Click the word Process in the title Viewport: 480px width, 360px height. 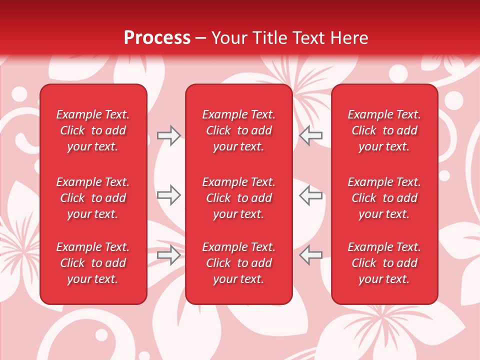157,38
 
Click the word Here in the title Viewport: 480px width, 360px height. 349,38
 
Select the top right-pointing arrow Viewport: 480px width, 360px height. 168,135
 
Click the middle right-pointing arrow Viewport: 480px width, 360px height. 168,195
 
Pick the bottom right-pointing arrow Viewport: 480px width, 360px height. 168,255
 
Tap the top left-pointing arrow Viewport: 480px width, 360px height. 311,135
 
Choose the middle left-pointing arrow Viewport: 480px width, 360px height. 311,195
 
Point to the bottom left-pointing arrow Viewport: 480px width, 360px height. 311,255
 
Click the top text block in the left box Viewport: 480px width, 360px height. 93,130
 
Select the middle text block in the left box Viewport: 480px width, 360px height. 93,198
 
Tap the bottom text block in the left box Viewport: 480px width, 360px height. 93,263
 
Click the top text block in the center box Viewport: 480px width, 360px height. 238,130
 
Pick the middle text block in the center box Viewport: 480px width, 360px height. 238,198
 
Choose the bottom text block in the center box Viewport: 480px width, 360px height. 238,263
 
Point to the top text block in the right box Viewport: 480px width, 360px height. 384,130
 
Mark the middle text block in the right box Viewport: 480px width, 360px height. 384,198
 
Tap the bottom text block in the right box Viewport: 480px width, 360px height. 384,263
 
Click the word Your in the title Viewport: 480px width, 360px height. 229,38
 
